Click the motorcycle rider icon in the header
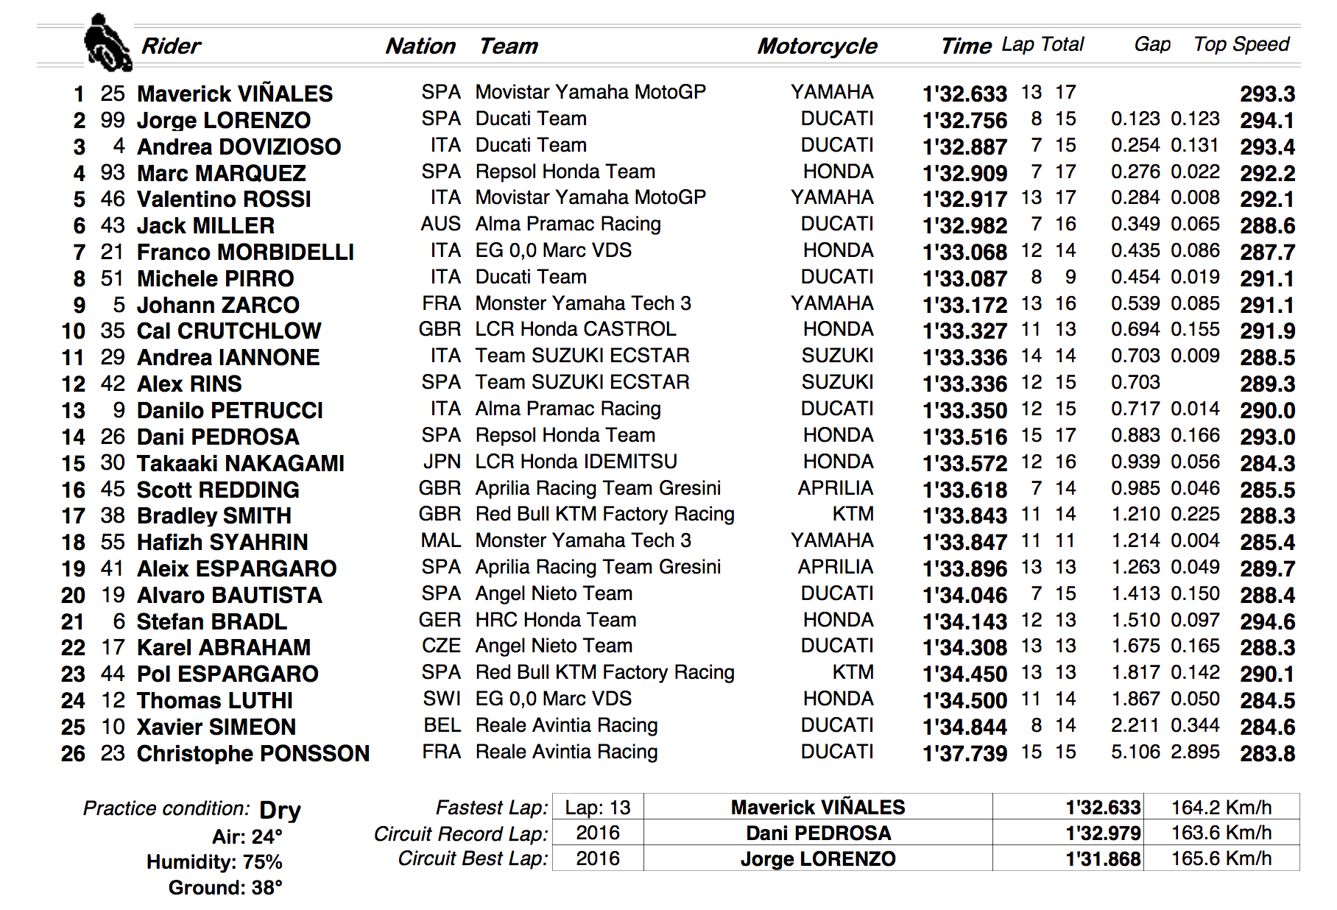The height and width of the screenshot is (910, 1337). pos(107,43)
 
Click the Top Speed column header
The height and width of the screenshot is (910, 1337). pos(1241,45)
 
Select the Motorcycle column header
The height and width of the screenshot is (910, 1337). pos(817,46)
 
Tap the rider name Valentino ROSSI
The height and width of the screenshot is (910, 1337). pos(224,200)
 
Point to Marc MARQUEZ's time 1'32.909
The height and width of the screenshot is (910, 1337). pos(964,174)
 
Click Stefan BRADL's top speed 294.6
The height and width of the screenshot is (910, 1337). pos(1267,622)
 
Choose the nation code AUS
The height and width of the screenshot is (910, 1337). pos(440,225)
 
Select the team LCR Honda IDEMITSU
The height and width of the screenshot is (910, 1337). pos(576,462)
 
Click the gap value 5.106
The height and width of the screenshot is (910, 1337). pos(1135,752)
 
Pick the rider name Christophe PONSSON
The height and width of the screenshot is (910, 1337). pos(253,754)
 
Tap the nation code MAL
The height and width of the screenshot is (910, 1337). pos(440,541)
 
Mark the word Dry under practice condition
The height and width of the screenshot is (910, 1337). pos(280,811)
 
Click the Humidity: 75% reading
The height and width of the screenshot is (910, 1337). pos(214,862)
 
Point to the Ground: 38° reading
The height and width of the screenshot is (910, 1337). pos(225,888)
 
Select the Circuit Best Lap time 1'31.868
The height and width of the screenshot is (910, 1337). pos(1103,859)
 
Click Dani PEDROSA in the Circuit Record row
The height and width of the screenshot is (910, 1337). pos(818,833)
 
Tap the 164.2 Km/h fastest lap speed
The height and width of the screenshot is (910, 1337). pos(1221,808)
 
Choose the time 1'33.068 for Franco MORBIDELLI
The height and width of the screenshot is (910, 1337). pos(964,253)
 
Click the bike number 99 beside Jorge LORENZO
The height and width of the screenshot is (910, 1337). pos(113,120)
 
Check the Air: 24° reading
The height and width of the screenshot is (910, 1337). pos(247,837)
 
